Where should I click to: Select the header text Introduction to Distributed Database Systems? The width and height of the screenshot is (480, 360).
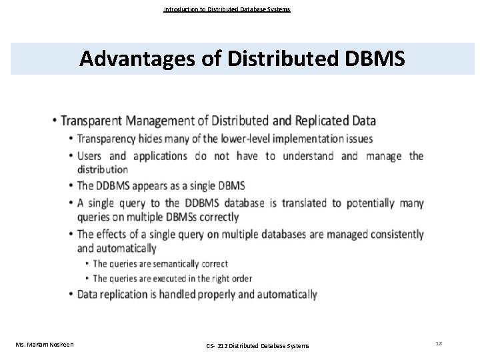coord(227,9)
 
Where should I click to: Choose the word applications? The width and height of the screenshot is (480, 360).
coord(160,157)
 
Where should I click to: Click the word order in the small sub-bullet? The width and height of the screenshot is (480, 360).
coord(243,278)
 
